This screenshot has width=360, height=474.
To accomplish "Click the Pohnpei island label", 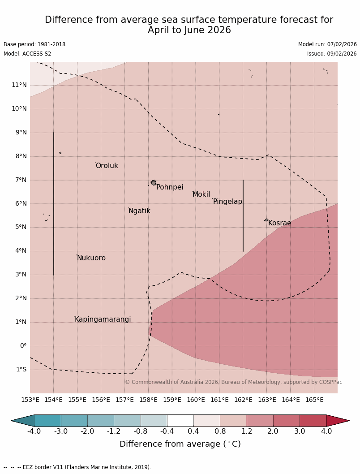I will coord(170,187).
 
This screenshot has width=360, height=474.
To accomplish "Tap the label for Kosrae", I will coord(279,223).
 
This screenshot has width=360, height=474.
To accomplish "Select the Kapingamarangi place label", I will coord(103,319).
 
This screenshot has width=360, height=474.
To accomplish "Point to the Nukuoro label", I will coord(91,258).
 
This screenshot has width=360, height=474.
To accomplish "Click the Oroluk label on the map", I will coord(107,166).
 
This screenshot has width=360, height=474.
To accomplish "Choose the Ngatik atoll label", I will coord(139,211).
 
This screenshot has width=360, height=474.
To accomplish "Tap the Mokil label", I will coord(201,194).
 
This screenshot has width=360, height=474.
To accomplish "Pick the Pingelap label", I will coord(227,202).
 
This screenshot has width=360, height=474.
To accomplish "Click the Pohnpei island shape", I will coord(154,183).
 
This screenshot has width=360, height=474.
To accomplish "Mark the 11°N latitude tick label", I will coord(19,85).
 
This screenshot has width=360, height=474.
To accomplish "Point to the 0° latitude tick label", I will coord(23,346).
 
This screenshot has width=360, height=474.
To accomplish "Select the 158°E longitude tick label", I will coord(149,400).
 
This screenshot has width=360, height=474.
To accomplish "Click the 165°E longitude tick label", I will coord(314,400).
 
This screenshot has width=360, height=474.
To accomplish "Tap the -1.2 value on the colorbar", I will coord(114,431).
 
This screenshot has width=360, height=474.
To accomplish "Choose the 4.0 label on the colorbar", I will coord(326,431).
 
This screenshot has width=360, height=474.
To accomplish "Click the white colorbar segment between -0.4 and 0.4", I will coord(180,421).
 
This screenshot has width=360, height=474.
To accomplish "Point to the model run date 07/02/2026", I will coord(342,44).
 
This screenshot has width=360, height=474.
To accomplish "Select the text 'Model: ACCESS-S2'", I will coord(27,54).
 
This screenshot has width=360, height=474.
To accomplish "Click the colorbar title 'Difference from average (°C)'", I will coord(180,444).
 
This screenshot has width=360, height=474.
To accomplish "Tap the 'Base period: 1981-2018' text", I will coord(34,44).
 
